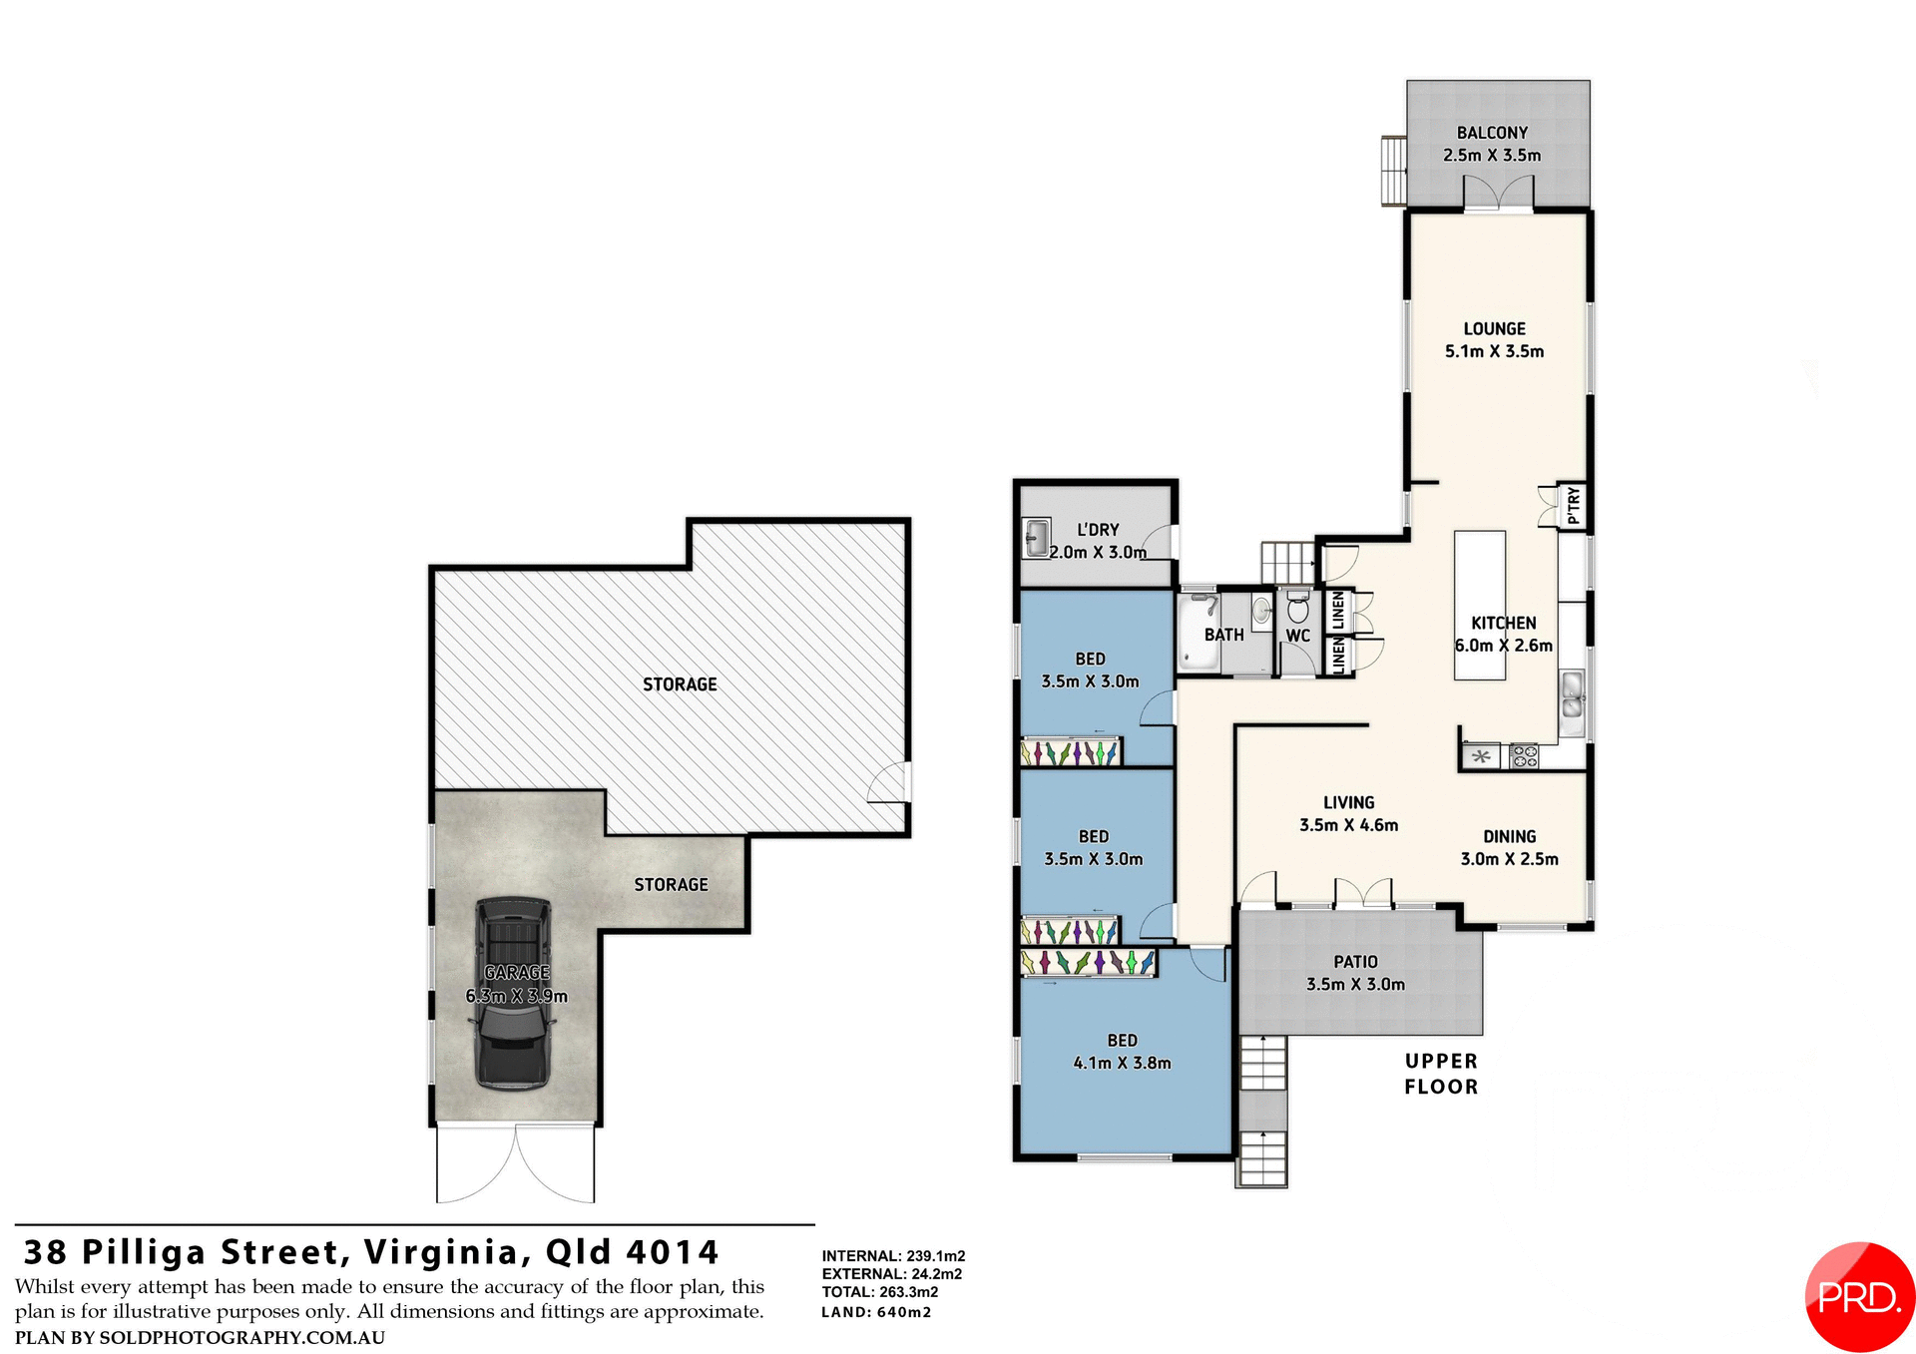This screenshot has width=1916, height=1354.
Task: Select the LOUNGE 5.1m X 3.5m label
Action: tap(1494, 339)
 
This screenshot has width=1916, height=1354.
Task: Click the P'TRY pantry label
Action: tap(1573, 505)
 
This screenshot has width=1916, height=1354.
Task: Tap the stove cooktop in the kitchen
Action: tap(1524, 756)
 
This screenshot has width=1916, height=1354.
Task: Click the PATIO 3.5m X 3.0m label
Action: tap(1355, 973)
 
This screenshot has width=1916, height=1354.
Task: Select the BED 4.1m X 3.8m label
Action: tap(1122, 1052)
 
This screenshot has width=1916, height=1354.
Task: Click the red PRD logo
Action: tap(1859, 1296)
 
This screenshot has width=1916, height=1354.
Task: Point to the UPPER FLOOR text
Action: tap(1441, 1074)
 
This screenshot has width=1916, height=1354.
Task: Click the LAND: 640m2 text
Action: tap(876, 1312)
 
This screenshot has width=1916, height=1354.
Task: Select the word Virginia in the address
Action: tap(441, 1252)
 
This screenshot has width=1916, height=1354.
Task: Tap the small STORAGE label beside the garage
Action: tap(671, 885)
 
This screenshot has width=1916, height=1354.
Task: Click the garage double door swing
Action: tap(516, 1164)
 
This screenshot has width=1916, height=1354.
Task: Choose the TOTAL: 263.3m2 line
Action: tap(879, 1292)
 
